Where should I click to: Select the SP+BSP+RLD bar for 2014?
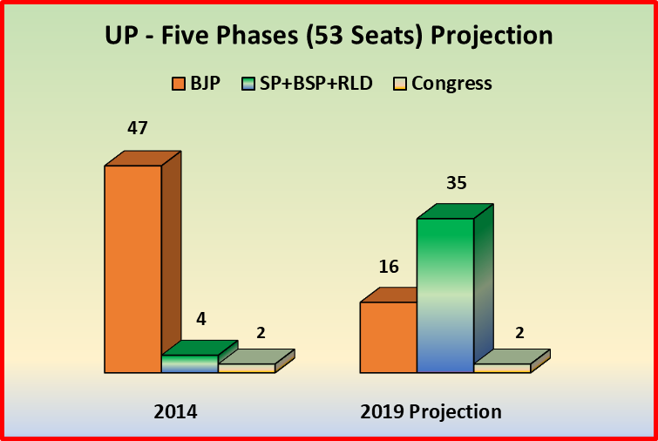189,363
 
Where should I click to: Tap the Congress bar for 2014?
246,368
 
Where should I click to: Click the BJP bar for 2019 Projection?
388,337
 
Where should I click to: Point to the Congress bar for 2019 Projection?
501,368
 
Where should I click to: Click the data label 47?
137,128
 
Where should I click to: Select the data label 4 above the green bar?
200,319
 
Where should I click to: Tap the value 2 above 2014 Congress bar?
261,333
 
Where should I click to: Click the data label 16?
389,267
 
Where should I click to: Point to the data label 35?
457,183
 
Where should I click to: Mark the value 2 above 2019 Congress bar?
520,333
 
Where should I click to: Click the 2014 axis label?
176,411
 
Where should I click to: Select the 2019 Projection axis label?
431,411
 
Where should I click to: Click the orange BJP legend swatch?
178,85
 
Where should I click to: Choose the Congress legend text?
451,84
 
